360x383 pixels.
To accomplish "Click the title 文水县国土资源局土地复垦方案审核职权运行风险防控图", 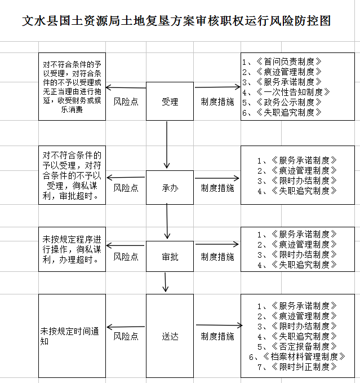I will pos(176,21).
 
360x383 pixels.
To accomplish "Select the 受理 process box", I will pos(170,102).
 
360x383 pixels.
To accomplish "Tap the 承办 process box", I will pos(170,187).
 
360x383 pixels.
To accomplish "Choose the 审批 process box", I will pos(170,257).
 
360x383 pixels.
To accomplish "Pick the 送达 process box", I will pos(170,336).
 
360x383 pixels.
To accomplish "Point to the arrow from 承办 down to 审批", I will pos(167,221).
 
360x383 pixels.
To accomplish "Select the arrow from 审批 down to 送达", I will pos(166,283).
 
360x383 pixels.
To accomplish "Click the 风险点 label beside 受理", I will pos(126,102).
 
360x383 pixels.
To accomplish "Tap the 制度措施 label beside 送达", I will pos(217,336).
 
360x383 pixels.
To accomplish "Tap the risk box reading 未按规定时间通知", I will pos(72,336).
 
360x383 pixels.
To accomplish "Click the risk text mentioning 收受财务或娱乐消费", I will pos(72,105).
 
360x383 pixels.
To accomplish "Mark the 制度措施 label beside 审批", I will pos(217,257).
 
